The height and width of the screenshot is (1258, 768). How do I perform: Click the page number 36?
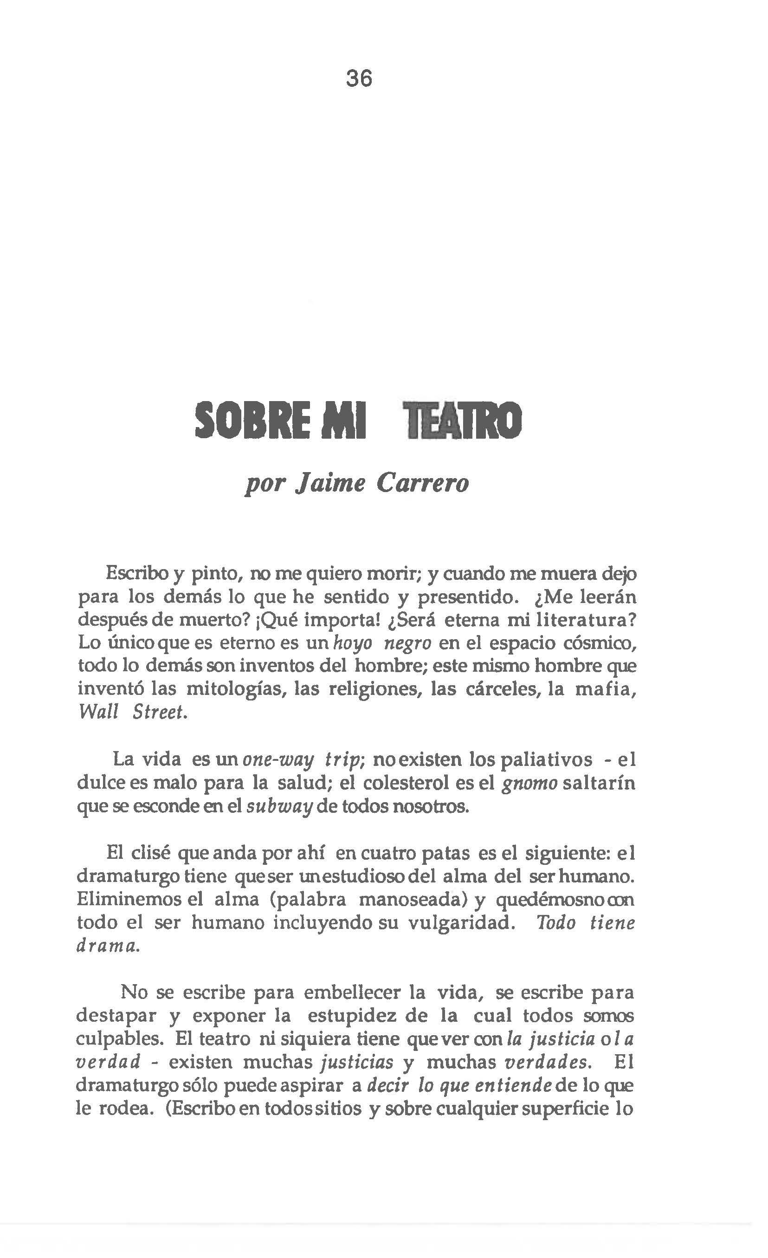pos(359,78)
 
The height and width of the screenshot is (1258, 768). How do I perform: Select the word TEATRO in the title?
pos(462,421)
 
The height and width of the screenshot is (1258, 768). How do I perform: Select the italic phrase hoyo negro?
pos(382,643)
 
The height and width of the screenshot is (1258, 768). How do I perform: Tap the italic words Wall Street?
pos(132,713)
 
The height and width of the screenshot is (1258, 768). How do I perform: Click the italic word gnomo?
pos(529,784)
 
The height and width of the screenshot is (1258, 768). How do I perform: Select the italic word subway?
pos(279,807)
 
